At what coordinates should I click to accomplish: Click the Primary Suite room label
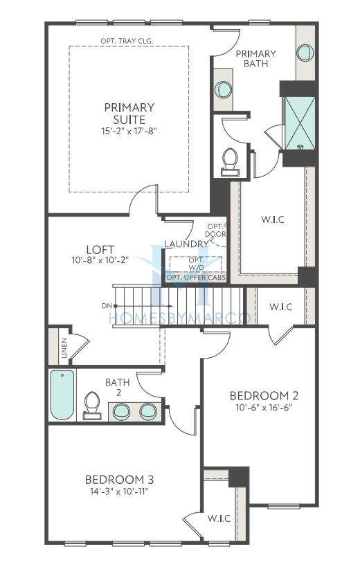click(x=129, y=114)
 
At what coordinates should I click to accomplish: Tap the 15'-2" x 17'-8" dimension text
click(x=129, y=131)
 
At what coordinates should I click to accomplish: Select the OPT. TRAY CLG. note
click(x=127, y=41)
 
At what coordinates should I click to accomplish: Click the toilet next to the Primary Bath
click(x=230, y=161)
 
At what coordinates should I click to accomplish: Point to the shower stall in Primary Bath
click(x=300, y=123)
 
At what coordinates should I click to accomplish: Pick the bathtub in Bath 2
click(x=62, y=395)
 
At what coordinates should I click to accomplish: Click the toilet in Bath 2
click(x=91, y=406)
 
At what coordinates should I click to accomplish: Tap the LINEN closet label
click(x=64, y=347)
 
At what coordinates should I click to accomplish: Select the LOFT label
click(x=100, y=250)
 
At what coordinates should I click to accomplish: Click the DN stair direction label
click(x=107, y=306)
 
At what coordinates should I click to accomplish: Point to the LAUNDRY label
click(x=186, y=244)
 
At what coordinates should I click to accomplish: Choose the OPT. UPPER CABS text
click(x=196, y=278)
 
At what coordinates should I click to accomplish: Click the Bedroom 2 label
click(x=264, y=395)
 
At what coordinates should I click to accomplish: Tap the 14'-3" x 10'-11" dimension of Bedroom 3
click(x=119, y=491)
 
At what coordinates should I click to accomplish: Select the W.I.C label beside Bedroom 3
click(x=219, y=518)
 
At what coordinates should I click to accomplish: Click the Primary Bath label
click(x=256, y=58)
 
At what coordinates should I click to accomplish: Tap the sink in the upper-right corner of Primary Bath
click(x=305, y=53)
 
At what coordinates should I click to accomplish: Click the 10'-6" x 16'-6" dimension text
click(x=264, y=407)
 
